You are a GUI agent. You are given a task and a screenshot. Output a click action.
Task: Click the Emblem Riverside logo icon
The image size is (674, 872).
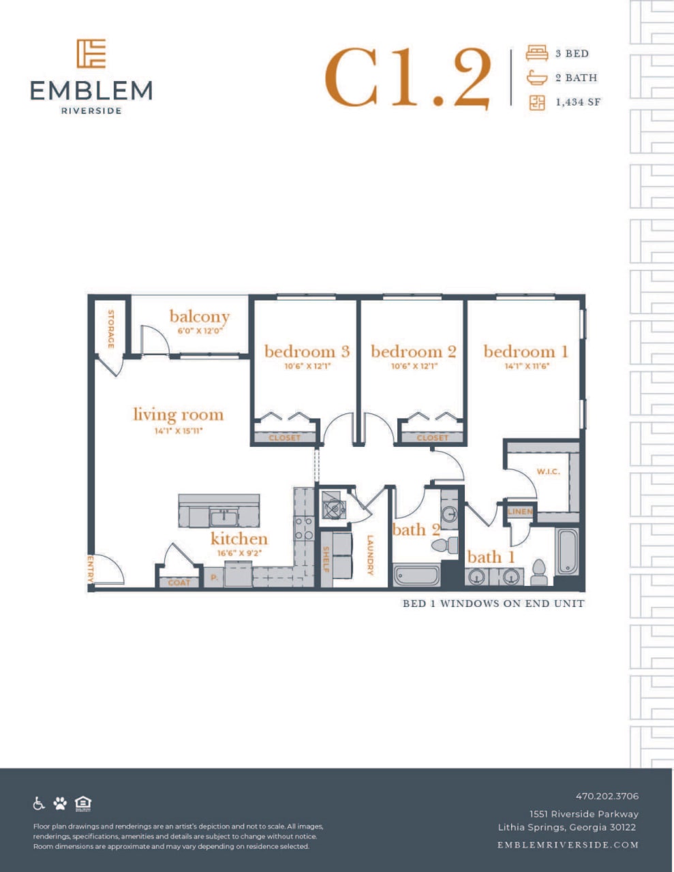[91, 54]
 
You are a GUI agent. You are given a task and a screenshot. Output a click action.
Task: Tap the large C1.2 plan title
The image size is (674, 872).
[408, 78]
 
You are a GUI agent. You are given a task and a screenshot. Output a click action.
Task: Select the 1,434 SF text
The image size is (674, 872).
[578, 102]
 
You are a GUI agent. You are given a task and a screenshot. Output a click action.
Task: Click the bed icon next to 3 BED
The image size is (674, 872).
[537, 53]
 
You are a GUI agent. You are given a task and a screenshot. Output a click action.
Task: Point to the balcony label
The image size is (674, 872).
[199, 316]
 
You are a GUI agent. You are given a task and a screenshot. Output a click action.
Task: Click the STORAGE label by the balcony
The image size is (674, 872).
[110, 328]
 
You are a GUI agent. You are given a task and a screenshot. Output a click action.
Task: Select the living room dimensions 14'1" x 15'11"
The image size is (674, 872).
[178, 431]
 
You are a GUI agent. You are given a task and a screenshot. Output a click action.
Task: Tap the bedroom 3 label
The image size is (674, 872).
[307, 352]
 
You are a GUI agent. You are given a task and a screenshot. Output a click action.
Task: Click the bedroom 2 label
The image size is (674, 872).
[413, 352]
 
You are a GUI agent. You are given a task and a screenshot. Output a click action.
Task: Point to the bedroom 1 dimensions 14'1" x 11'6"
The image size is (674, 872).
[525, 366]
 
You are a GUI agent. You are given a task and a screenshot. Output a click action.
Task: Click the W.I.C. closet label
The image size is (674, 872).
[548, 471]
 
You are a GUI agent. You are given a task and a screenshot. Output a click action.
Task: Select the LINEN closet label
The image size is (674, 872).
[520, 512]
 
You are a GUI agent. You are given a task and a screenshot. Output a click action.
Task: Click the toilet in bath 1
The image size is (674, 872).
[539, 572]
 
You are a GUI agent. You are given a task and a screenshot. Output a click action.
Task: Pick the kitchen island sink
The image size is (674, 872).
[223, 516]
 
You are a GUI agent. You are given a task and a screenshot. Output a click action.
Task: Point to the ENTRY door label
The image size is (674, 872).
[90, 568]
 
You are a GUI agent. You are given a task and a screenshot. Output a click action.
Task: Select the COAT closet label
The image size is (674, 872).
[179, 582]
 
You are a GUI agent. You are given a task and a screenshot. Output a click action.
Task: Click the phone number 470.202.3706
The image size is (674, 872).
[607, 796]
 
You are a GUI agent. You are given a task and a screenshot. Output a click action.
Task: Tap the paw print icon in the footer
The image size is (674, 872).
[61, 803]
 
